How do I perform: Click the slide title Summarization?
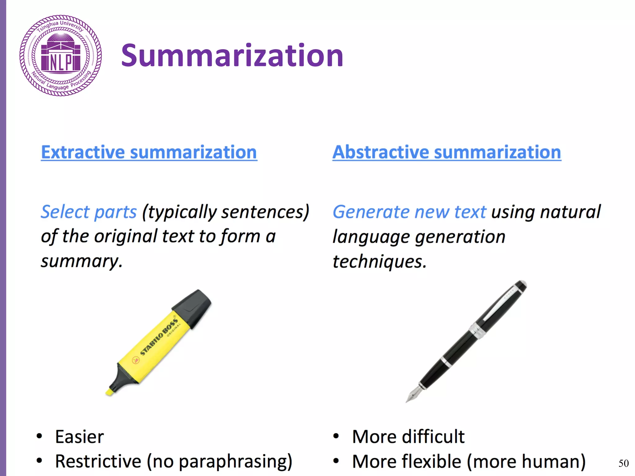[x=232, y=56]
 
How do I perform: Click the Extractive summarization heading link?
[x=149, y=152]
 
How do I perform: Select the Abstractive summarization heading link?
[x=446, y=152]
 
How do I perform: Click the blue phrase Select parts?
[x=89, y=212]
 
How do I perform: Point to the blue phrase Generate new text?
[x=409, y=212]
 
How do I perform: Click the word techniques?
[x=379, y=262]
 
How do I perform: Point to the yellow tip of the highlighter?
[x=109, y=392]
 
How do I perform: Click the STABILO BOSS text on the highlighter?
[x=159, y=336]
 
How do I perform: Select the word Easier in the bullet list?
[x=79, y=437]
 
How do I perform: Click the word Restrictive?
[x=98, y=461]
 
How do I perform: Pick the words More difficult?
[x=408, y=437]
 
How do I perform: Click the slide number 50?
[x=624, y=463]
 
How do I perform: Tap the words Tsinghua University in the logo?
[x=60, y=26]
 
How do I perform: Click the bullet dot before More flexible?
[x=336, y=461]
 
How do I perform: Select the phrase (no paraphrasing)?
[x=220, y=461]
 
